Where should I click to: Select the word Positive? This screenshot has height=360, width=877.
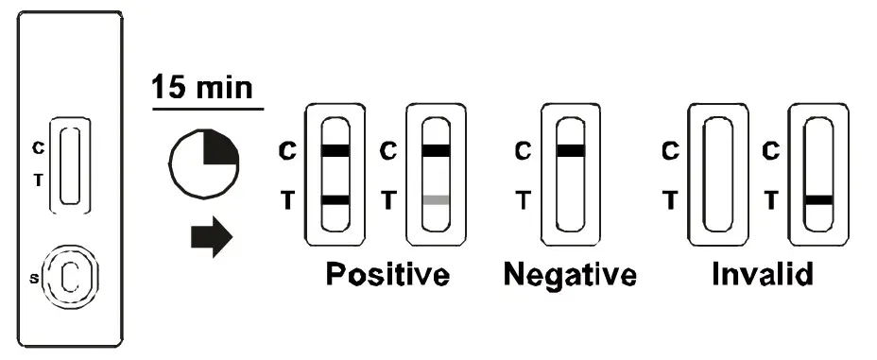tap(387, 275)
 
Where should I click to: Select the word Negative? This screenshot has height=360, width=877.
tap(570, 275)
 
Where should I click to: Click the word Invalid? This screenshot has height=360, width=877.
tap(763, 275)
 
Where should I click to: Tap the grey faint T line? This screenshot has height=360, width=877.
tap(436, 200)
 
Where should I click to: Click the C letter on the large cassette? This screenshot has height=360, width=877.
tap(38, 148)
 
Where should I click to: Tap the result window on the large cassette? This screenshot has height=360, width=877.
tap(69, 163)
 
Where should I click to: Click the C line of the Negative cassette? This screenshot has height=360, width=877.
tap(570, 149)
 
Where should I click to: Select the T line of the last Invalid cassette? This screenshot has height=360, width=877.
tap(818, 200)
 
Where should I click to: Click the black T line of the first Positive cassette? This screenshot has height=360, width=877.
tap(335, 200)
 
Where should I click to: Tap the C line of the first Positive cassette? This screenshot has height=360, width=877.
tap(335, 149)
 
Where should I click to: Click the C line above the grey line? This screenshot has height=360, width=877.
tap(436, 149)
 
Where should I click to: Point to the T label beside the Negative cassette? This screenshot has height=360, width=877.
tap(521, 199)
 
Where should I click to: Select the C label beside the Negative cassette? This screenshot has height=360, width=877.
tap(521, 149)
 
